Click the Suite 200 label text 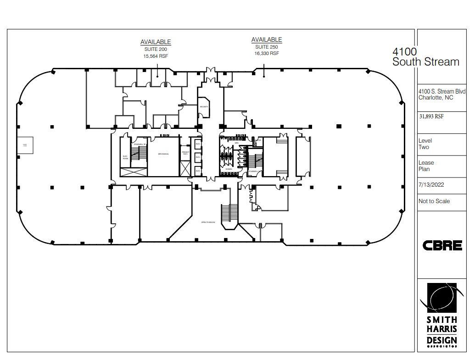155,49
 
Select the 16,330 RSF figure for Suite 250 266,53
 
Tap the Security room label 204,107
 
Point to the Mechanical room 163,155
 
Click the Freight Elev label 185,153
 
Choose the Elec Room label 125,156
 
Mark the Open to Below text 207,222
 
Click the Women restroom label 229,169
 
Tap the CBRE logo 442,245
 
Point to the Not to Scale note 434,201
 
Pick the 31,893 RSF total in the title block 431,116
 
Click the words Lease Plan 426,166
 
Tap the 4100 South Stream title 425,57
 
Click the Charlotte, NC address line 435,97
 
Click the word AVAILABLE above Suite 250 266,40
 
